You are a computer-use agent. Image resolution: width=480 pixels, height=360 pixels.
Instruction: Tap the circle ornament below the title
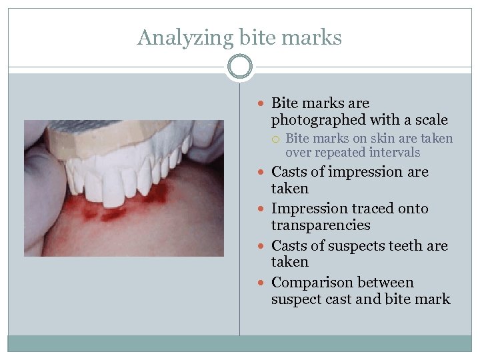[240, 67]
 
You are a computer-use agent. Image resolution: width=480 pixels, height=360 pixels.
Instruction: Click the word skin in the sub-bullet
[372, 139]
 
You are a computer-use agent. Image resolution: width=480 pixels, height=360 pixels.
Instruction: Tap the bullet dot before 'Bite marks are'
[264, 104]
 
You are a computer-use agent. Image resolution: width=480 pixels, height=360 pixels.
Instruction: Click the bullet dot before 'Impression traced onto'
[264, 209]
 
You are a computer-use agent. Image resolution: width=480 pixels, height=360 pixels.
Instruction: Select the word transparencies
[321, 225]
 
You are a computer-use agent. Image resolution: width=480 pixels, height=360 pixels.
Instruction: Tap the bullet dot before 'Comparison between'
[264, 283]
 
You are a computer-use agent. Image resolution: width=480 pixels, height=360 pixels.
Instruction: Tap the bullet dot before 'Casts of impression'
[264, 173]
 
